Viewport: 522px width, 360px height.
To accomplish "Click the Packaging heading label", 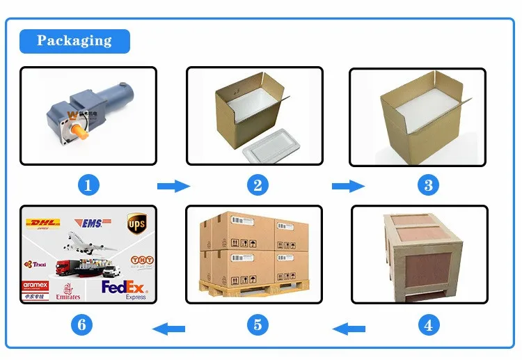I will coord(74,40).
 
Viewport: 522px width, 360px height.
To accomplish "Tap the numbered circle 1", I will coord(88,185).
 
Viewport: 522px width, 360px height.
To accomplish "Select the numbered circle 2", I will coord(258,185).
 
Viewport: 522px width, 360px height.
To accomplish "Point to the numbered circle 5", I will coord(258,324).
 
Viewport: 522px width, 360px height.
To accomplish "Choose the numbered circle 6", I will coord(83,324).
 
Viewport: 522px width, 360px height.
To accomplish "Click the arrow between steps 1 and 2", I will coord(173,186).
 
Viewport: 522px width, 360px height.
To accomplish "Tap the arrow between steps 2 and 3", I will coord(347,186).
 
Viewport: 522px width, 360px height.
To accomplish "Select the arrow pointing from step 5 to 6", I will coord(169,327).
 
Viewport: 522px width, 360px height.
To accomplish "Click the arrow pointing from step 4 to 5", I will coord(347,327).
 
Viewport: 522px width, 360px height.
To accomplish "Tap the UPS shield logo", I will coord(136,224).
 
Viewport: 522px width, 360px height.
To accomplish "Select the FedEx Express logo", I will coord(125,288).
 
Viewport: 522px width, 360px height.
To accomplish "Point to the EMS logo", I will coord(91,223).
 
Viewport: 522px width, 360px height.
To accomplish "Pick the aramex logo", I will coord(35,285).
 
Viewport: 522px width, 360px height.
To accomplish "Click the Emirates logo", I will coord(68,292).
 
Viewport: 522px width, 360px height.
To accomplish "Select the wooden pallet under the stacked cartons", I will coord(254,287).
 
